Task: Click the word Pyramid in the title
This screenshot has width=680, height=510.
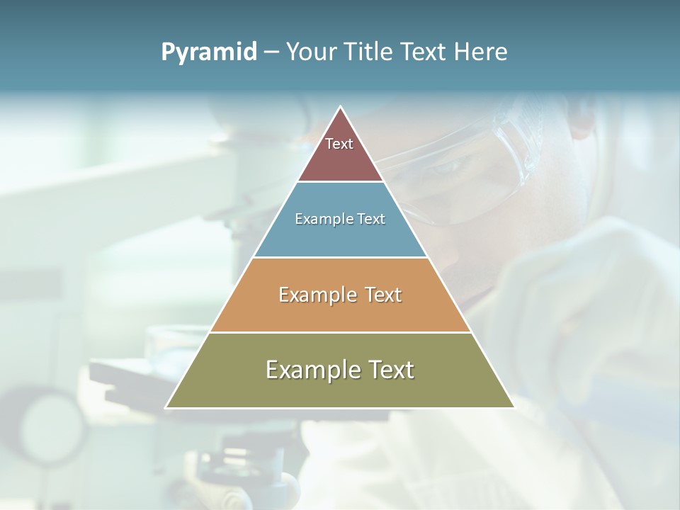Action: [209, 52]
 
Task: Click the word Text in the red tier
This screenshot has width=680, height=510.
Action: [339, 144]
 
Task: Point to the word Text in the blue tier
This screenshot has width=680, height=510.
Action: [372, 220]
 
